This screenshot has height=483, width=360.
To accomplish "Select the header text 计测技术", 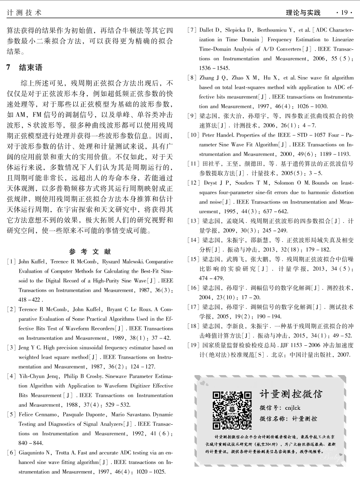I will [25, 13].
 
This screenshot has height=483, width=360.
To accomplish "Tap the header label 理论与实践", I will [303, 13].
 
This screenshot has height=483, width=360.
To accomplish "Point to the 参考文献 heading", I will [90, 252].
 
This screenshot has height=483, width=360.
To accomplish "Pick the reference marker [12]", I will [193, 183].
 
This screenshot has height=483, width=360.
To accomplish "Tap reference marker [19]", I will [193, 345].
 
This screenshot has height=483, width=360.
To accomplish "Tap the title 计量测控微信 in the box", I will [291, 394].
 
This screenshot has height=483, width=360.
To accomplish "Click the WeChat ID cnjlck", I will [293, 408].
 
